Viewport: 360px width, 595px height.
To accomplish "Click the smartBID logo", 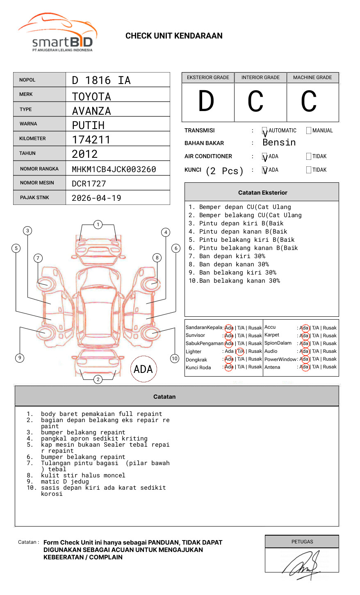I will [x=57, y=33].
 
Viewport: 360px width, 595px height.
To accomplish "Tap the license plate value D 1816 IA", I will [x=101, y=80].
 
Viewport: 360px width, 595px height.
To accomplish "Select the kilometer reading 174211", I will [x=91, y=140].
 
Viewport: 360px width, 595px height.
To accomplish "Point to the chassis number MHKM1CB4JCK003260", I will [x=114, y=169].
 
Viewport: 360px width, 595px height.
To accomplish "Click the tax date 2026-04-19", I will [x=96, y=198].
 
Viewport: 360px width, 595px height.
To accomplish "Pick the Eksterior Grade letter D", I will [x=206, y=101].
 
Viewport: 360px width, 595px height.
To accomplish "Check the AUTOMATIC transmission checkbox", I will [x=265, y=131].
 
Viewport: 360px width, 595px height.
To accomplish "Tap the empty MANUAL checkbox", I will [x=309, y=131].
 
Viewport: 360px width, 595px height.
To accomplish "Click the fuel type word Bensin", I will [x=279, y=143].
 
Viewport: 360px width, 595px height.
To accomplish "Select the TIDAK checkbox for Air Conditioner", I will [x=309, y=157].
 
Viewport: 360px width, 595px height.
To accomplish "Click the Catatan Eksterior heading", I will [x=262, y=193].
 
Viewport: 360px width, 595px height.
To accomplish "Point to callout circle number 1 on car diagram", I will [x=98, y=225].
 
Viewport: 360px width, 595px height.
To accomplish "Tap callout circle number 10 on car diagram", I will [x=175, y=359].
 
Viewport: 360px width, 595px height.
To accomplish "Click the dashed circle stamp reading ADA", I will [x=143, y=369].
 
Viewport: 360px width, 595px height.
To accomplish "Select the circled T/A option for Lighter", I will [x=241, y=351].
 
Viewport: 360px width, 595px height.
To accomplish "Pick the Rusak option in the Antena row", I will [x=330, y=367].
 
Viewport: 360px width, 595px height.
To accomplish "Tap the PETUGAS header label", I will [x=302, y=542].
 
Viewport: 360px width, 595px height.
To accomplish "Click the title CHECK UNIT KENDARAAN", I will [x=174, y=36].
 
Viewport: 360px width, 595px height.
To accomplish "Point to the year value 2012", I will [x=85, y=154].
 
